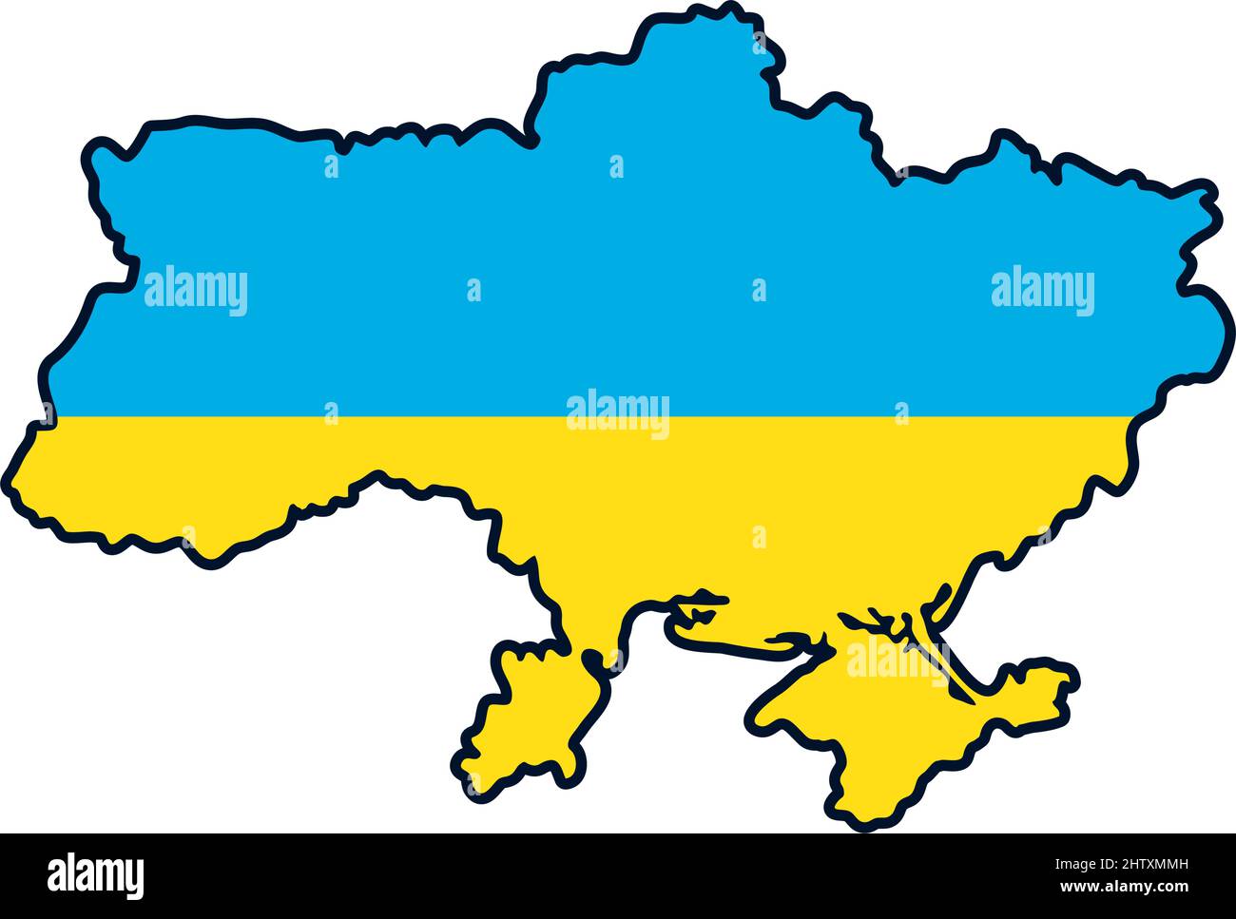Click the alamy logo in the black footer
click(95, 874)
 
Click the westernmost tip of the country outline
click(13, 485)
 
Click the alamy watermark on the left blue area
click(196, 291)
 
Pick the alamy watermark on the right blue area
click(1042, 291)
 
